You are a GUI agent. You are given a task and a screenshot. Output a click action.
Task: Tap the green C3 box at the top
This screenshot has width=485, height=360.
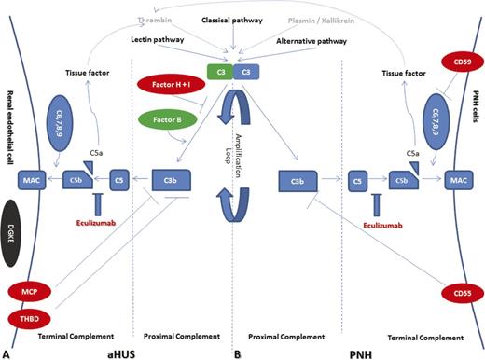(221, 71)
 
